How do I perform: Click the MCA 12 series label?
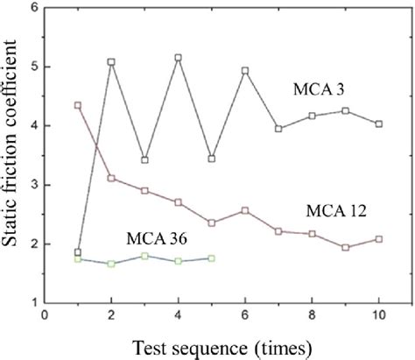336,211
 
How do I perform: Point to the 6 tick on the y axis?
33,8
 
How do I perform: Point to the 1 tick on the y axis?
33,302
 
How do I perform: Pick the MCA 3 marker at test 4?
178,58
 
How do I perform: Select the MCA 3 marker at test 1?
78,252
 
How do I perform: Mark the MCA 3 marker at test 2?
111,62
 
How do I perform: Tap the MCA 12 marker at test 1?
78,105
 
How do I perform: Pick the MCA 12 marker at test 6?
245,210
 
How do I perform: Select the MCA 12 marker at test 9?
346,247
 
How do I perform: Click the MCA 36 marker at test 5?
212,258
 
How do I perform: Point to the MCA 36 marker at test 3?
144,255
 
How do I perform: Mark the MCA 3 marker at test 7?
278,129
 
